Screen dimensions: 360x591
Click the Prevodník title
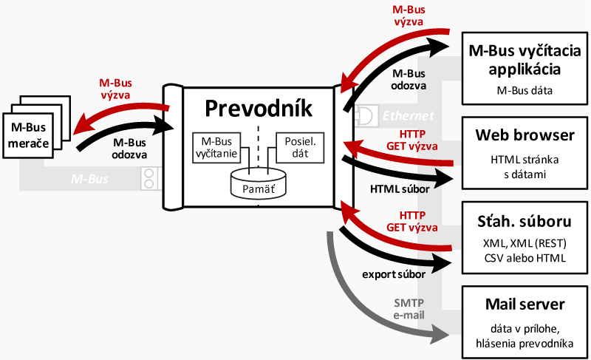258,108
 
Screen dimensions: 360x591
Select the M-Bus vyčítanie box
217,149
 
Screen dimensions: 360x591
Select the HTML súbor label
399,190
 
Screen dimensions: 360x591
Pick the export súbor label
393,274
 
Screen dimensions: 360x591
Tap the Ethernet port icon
366,115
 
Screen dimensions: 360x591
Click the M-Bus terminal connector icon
151,178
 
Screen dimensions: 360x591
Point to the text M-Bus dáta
524,90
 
